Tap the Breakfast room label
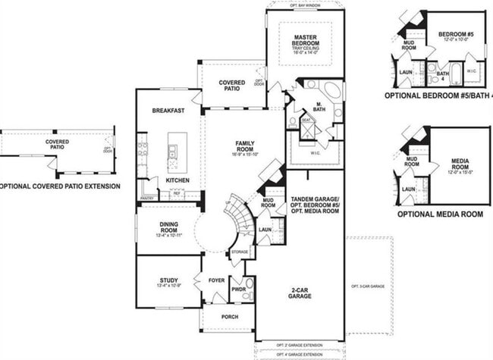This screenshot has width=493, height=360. [x=168, y=111]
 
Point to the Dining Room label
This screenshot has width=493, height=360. [x=168, y=227]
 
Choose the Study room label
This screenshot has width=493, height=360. [x=168, y=280]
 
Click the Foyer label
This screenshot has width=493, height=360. [x=217, y=280]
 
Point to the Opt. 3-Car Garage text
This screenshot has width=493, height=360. [x=369, y=286]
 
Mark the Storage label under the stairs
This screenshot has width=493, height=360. [x=240, y=252]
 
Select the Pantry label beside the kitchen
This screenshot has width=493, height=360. [x=146, y=199]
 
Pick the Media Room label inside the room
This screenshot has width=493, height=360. [x=460, y=163]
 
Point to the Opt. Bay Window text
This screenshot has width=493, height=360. [x=305, y=4]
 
